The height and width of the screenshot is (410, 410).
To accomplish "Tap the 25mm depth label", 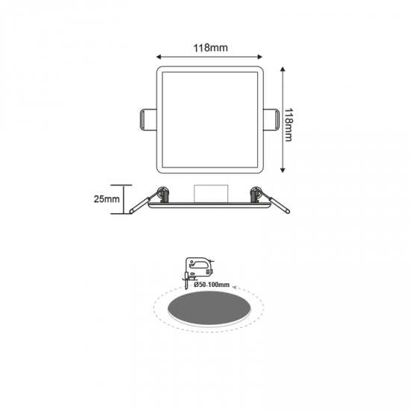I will tap(108, 200).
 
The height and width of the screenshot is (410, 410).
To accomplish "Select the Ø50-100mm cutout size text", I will tap(211, 285).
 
